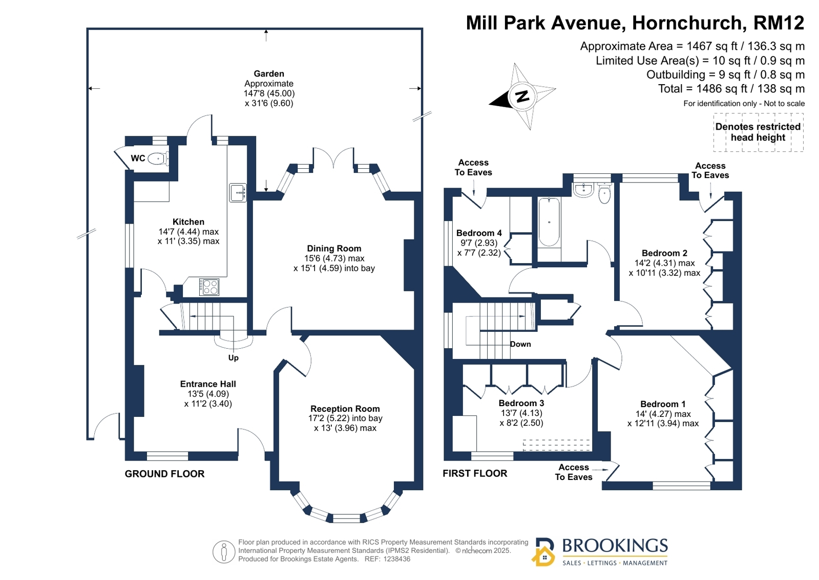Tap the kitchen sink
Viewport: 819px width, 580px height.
point(238,193)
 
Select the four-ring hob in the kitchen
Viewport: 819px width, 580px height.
point(209,287)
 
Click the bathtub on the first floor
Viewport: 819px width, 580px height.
point(549,222)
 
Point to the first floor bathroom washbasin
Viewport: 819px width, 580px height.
point(583,189)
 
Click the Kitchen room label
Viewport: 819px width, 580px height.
point(188,222)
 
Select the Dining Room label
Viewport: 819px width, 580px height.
point(334,249)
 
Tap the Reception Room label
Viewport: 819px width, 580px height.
point(345,409)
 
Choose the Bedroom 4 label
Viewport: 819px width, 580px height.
point(479,233)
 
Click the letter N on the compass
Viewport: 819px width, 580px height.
point(522,96)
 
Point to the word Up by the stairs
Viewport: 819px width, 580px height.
point(233,358)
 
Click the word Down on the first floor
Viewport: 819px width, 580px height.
point(520,344)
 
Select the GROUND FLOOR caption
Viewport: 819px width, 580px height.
point(164,474)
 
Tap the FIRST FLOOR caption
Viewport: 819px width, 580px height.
point(475,473)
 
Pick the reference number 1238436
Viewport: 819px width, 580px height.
point(397,559)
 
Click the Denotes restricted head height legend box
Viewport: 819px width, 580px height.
point(759,132)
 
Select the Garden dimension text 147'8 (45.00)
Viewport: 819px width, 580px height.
point(269,93)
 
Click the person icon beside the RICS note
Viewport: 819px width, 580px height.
point(224,552)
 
